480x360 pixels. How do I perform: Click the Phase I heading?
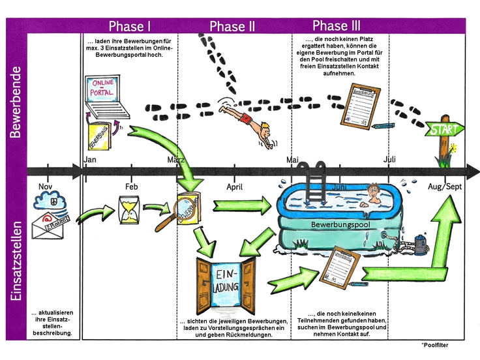tap(130, 26)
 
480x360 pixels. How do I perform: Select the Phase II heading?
tap(232, 26)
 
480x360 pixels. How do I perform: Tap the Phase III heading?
tap(337, 25)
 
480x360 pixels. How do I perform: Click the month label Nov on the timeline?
tap(45, 187)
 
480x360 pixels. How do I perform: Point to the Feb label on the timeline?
tap(132, 187)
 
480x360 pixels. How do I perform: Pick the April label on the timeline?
tap(235, 187)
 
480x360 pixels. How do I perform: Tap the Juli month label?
tap(390, 159)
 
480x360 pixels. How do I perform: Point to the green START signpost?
tap(443, 130)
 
